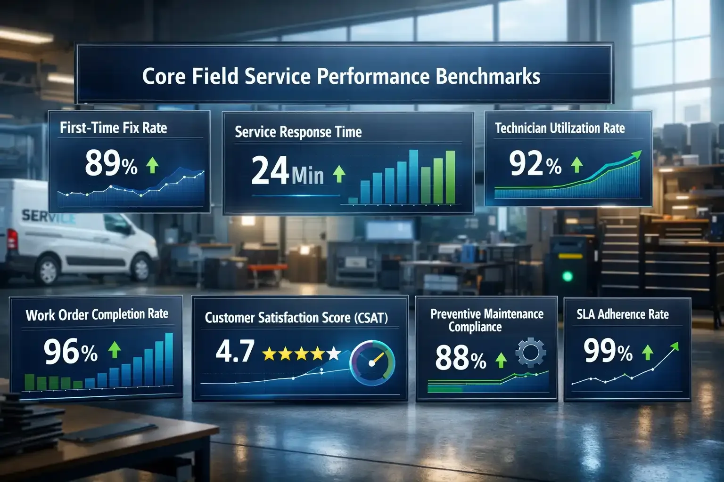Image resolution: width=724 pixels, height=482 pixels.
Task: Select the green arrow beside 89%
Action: (152, 165)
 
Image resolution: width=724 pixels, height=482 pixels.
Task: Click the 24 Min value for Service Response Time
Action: (287, 171)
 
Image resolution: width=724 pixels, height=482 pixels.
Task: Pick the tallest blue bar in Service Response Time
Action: (414, 177)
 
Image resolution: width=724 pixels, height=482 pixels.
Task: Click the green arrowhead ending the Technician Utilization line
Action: (637, 154)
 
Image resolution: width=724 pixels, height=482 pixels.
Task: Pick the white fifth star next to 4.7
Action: (333, 353)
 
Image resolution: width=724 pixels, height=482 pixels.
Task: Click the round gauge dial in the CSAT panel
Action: (372, 363)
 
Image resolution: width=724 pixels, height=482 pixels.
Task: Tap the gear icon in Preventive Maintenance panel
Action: (531, 352)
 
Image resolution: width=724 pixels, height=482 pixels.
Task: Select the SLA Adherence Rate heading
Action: (623, 314)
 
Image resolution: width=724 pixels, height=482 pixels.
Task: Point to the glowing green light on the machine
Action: (568, 276)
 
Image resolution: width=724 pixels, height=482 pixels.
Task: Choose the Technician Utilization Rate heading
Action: (559, 128)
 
